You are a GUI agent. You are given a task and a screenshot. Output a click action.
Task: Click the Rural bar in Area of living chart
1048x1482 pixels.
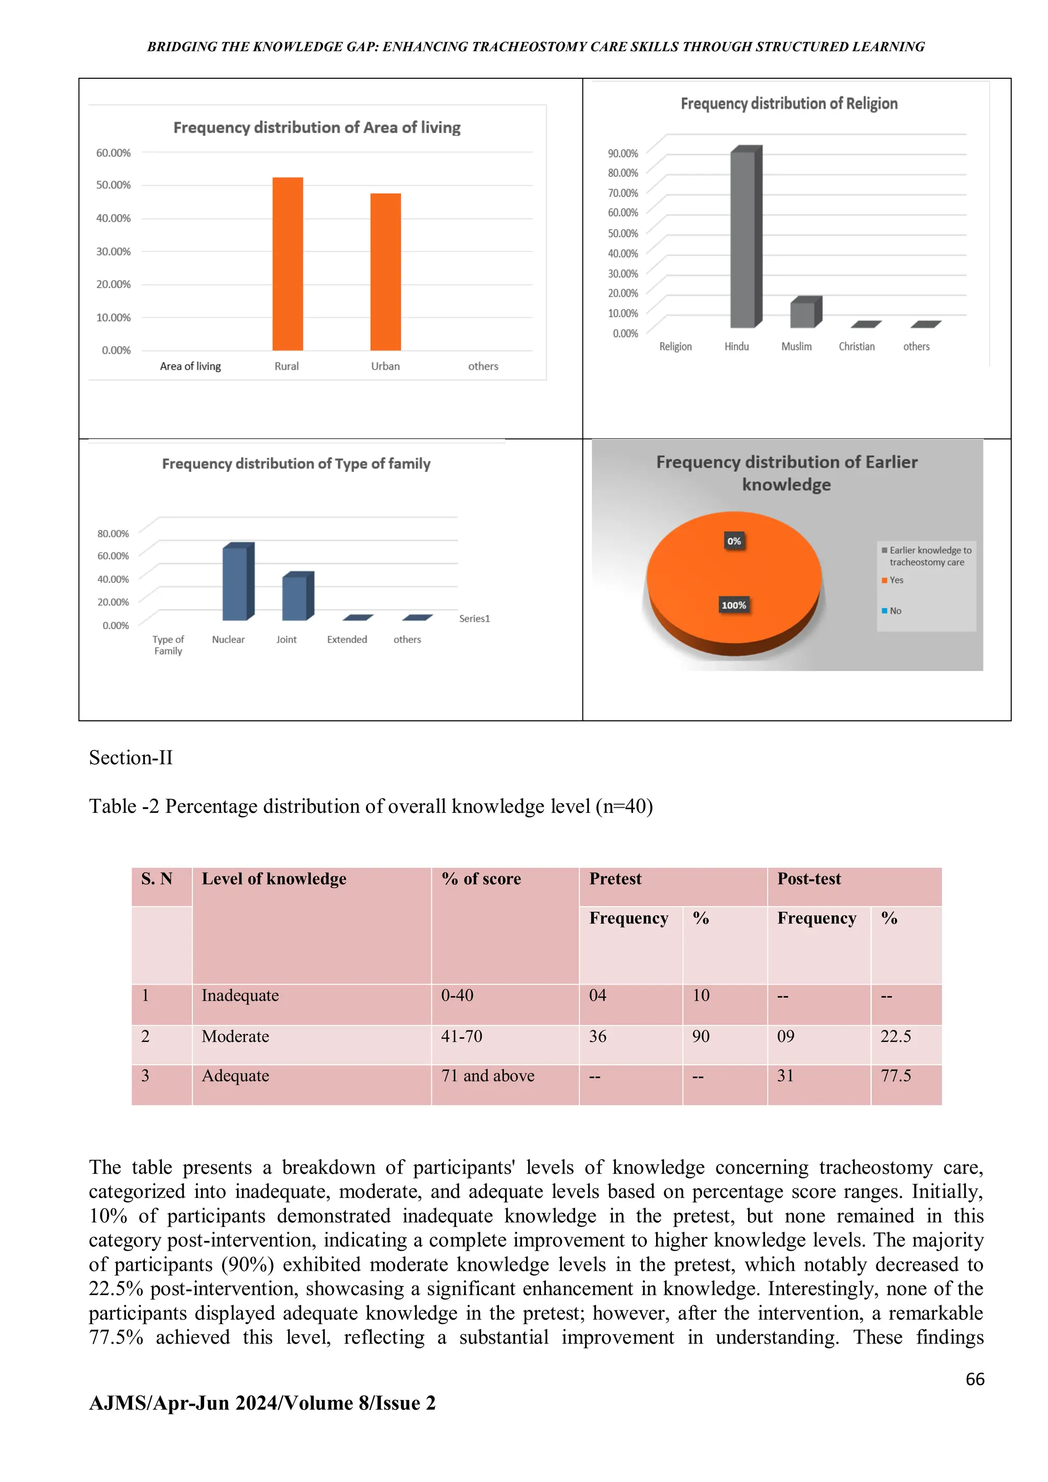point(287,265)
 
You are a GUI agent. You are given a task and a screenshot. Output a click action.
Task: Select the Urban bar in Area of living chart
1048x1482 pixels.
point(385,272)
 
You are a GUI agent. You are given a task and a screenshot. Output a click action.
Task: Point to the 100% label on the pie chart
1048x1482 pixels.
point(733,605)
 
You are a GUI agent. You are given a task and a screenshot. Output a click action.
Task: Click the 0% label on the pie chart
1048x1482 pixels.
point(734,541)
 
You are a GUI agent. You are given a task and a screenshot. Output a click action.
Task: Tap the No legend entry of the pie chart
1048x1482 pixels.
point(894,611)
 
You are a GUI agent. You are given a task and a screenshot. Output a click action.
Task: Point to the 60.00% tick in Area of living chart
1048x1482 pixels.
point(114,153)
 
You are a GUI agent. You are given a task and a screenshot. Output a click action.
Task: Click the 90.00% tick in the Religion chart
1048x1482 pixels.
point(622,154)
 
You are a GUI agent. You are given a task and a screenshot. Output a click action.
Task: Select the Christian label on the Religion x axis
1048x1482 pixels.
point(856,347)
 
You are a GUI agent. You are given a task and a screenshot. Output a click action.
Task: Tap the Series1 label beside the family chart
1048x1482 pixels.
point(474,618)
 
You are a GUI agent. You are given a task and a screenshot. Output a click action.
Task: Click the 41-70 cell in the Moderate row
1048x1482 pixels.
point(462,1036)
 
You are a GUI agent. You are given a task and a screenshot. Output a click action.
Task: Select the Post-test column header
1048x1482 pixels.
point(809,878)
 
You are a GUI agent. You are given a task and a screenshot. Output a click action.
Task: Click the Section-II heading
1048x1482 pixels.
point(131,757)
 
